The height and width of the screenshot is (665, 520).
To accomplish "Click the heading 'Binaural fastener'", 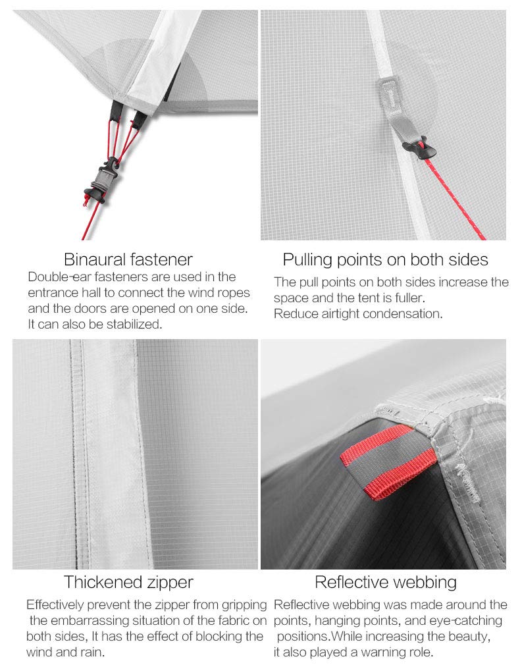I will pos(128,259).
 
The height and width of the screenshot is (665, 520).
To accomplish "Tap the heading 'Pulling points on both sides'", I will pos(385,259).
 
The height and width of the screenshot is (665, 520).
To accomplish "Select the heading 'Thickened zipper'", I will pos(128,582).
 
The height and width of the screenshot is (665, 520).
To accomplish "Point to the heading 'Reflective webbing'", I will pos(385,582).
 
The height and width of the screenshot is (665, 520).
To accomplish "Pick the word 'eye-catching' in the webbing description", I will pos(467,621).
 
